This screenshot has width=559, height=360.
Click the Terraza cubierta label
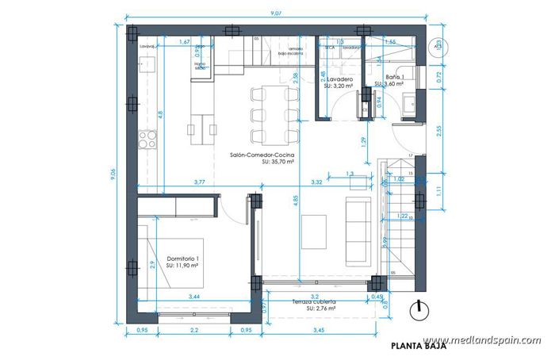click(x=314, y=303)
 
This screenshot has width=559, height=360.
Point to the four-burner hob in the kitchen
click(x=147, y=140)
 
